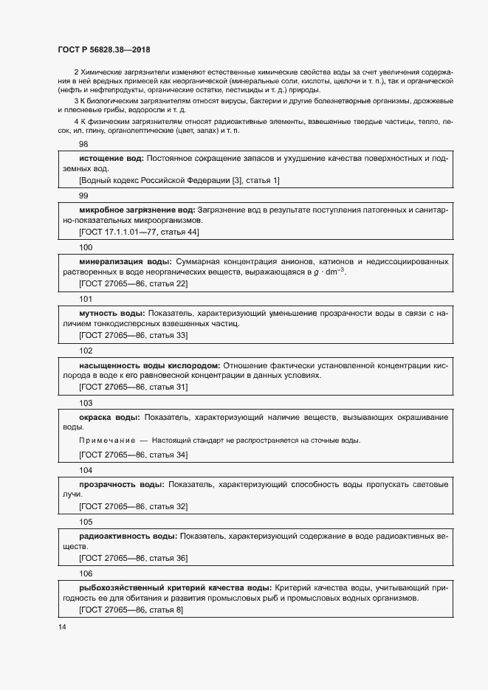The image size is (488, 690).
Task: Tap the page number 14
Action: pos(62,627)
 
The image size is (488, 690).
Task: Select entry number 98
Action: pos(83,145)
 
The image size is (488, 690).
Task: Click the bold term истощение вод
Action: pos(111,158)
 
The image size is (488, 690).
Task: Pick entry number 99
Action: pos(83,196)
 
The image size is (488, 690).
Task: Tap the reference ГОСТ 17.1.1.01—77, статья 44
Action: pos(139,232)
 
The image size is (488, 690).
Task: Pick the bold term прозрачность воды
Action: pos(121,484)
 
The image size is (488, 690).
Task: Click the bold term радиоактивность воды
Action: pos(128,536)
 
